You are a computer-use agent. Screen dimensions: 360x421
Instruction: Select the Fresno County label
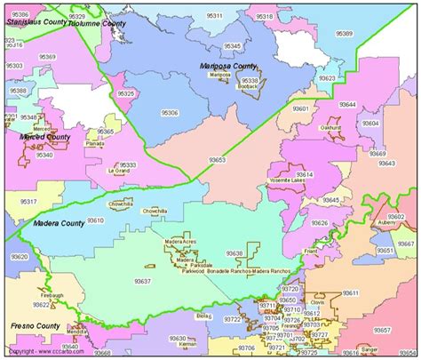click(36, 326)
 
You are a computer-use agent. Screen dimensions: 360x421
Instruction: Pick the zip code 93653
click(217, 160)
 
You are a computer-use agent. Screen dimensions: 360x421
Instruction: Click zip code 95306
click(169, 113)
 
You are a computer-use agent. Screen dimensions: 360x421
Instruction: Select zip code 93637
click(142, 281)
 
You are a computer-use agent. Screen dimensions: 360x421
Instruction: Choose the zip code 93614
click(305, 175)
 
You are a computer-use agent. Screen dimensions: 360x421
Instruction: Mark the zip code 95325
click(127, 93)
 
